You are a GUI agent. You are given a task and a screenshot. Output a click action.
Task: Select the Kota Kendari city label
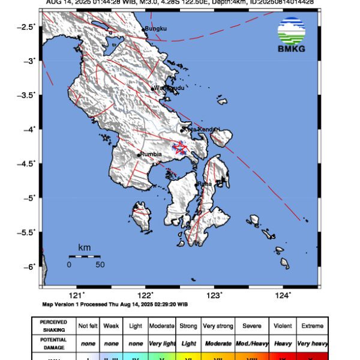[201, 129]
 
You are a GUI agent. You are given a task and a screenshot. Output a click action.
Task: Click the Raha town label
[205, 184]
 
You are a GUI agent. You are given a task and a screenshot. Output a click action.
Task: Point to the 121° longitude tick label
[76, 295]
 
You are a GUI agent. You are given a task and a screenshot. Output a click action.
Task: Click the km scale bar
[84, 256]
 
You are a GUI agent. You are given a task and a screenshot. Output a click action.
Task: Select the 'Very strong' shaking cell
[217, 326]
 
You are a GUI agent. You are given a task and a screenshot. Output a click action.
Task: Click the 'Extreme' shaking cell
[311, 326]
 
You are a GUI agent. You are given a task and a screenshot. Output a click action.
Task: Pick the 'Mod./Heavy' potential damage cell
[251, 343]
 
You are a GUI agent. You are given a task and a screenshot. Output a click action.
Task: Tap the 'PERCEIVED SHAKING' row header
[53, 326]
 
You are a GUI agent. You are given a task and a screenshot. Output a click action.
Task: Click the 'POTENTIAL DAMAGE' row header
[53, 343]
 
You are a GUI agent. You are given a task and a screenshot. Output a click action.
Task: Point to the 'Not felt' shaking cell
[88, 326]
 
